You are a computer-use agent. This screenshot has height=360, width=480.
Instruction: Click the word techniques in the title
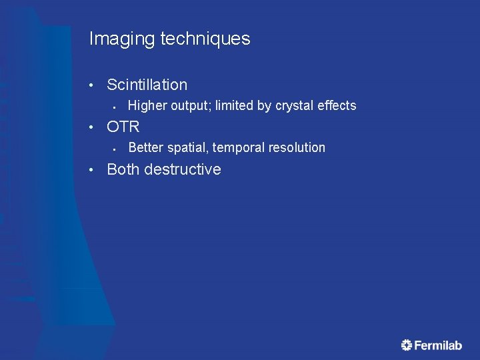(205, 39)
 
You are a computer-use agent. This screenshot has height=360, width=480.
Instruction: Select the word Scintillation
(147, 85)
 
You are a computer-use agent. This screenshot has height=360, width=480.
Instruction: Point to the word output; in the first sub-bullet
(191, 105)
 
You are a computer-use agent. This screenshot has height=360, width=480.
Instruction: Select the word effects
(335, 105)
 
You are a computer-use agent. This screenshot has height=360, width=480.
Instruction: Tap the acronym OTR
(123, 127)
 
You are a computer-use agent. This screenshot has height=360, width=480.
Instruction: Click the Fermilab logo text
(438, 345)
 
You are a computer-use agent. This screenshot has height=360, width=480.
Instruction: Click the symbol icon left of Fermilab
(407, 345)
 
